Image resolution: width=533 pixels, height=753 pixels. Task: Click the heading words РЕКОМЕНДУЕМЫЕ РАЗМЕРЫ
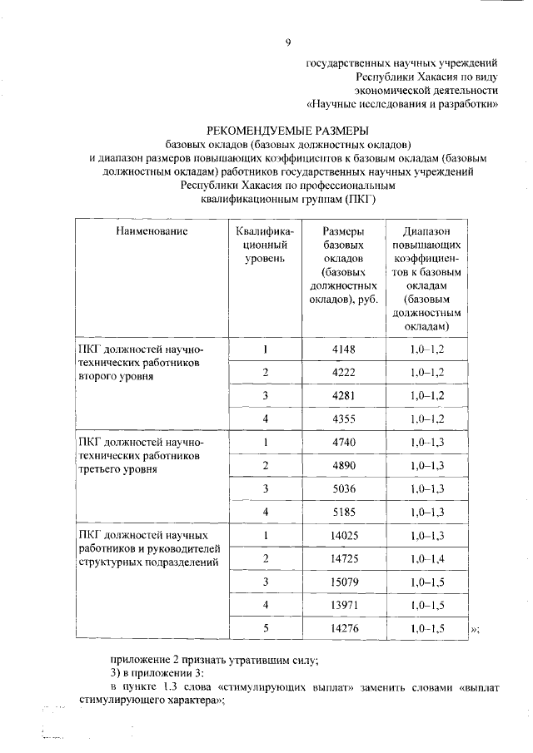point(287,130)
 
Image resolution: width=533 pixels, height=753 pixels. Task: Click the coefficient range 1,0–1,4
point(427,557)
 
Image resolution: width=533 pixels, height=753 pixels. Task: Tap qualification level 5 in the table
point(266,628)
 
